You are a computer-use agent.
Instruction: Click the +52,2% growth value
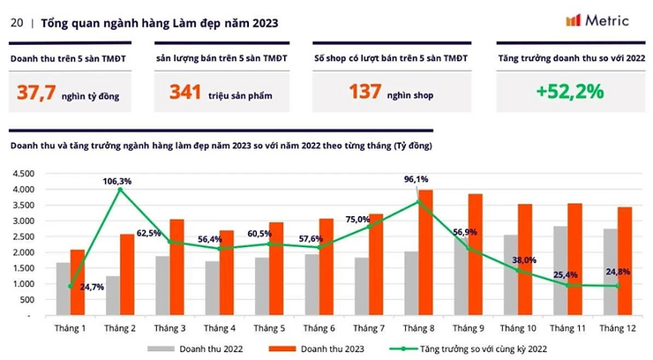click(x=569, y=91)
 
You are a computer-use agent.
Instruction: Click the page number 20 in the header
click(x=16, y=24)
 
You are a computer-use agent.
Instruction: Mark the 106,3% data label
click(x=116, y=182)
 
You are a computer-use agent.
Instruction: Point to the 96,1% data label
click(x=427, y=179)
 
